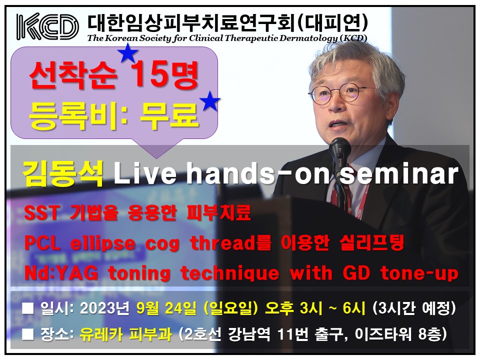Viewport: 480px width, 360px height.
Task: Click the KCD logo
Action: coord(47,26)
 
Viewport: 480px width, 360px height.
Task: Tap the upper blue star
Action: coord(128,52)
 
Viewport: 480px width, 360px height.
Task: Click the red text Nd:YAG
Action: coord(61,272)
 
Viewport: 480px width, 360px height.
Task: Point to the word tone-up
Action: coord(419,273)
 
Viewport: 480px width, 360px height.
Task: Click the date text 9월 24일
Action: coord(166,308)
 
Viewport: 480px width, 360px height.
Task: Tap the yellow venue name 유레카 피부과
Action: coord(126,334)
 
